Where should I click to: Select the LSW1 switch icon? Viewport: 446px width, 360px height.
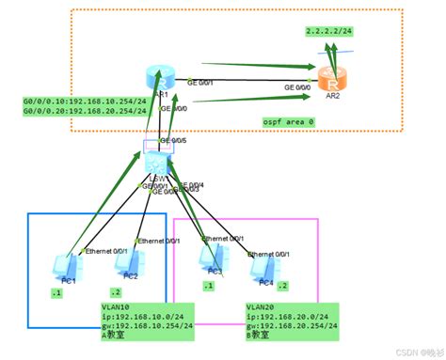155,163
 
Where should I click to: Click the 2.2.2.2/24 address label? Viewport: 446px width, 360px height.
327,31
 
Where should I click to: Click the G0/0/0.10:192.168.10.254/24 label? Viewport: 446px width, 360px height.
84,101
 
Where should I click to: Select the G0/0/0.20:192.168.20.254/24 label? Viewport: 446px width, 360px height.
84,110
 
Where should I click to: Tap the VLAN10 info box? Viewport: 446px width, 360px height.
140,322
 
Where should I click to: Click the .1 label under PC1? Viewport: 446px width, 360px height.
56,293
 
